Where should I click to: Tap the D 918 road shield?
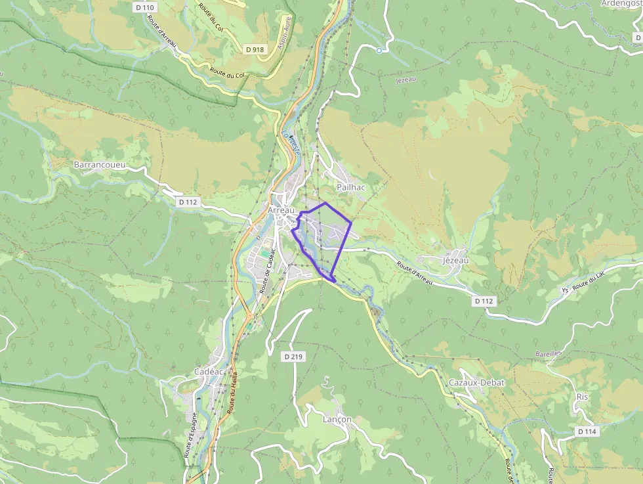[x=254, y=49]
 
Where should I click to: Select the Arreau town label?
[x=281, y=210]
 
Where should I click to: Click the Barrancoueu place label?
[x=100, y=164]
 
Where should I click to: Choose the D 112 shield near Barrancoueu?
[x=188, y=202]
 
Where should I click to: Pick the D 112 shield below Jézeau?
[x=484, y=301]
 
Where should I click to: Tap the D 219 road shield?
[x=294, y=357]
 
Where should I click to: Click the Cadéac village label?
[x=209, y=372]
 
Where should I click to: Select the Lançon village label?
[x=337, y=419]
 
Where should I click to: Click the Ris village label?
[x=582, y=397]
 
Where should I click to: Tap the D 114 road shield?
[x=587, y=431]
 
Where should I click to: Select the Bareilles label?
[x=549, y=353]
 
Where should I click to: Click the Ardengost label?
[x=620, y=3]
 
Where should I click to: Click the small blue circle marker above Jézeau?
[x=379, y=50]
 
